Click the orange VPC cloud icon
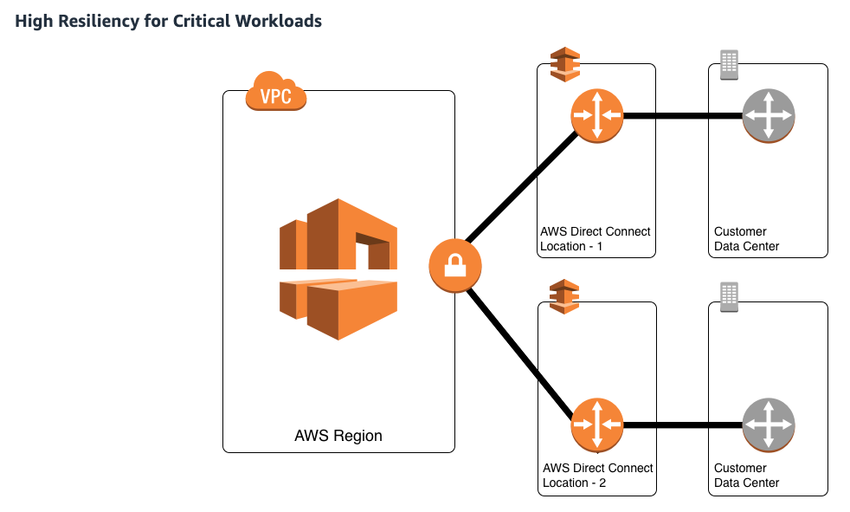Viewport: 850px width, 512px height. point(276,91)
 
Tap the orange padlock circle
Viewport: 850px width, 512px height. point(454,266)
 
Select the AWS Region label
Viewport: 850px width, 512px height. point(338,436)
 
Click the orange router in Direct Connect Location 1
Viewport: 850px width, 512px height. point(597,116)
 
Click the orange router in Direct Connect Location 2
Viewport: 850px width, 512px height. point(597,425)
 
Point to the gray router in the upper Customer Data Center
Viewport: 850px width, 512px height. point(768,116)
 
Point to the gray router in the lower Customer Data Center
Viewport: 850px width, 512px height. point(768,425)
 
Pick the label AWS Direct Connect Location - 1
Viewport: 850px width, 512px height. point(595,238)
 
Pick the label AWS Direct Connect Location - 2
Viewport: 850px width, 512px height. point(597,475)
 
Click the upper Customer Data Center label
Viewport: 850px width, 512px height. point(746,238)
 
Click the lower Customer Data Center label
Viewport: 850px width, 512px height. point(746,475)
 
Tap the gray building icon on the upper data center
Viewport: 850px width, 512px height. point(729,65)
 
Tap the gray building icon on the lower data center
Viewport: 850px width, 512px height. point(729,297)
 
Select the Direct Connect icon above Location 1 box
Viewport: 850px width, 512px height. point(565,65)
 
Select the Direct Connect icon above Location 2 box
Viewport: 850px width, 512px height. point(564,296)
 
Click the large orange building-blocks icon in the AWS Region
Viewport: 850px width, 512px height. point(338,269)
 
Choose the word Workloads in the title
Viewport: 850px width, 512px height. point(278,21)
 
